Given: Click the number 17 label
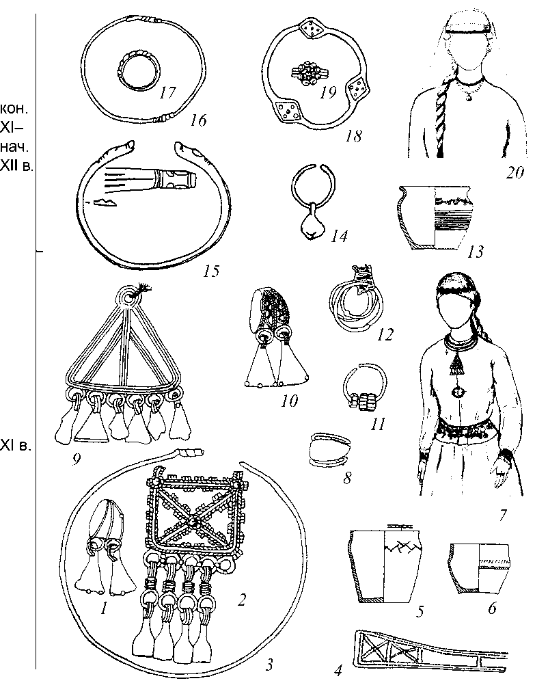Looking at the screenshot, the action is click(167, 92).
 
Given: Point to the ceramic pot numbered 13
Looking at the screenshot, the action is click(435, 217).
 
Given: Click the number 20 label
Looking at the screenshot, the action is click(515, 173).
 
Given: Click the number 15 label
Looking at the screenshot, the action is click(210, 271).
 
